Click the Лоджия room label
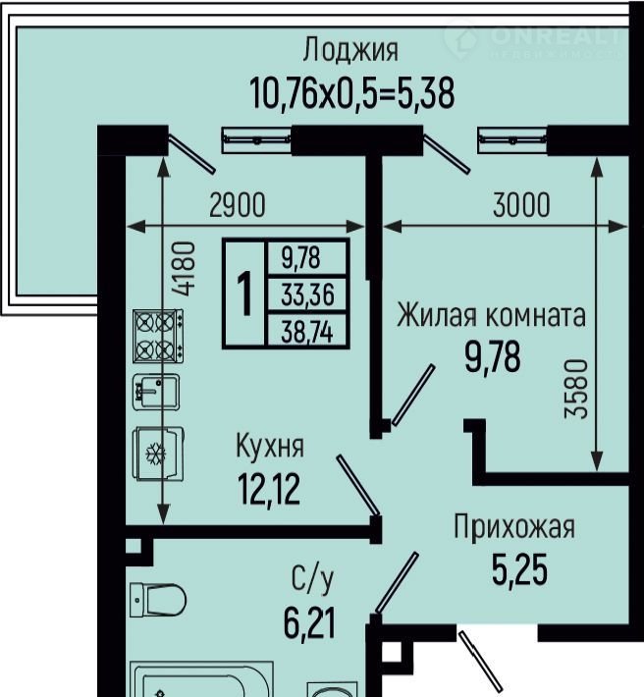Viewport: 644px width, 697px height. click(x=350, y=51)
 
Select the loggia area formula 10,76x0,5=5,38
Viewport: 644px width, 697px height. click(x=352, y=93)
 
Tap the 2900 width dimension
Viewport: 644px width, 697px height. click(x=238, y=205)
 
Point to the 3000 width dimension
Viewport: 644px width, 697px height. click(x=521, y=205)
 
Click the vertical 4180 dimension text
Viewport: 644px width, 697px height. click(x=184, y=269)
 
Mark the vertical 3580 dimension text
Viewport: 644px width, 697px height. click(x=576, y=389)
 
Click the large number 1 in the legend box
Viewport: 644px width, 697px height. click(x=244, y=294)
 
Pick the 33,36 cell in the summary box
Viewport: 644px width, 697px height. click(x=307, y=295)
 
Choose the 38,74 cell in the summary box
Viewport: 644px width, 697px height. click(x=307, y=332)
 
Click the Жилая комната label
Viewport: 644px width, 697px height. click(x=491, y=315)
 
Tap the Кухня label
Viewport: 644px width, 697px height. click(x=270, y=446)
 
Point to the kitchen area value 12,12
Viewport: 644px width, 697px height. click(x=269, y=490)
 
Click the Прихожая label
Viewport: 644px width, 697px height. click(x=514, y=526)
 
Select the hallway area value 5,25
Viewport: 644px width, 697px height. click(x=519, y=569)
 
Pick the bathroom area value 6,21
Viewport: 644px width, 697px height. click(x=309, y=622)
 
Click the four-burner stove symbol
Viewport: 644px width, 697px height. click(x=158, y=336)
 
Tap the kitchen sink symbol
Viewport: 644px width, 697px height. click(x=156, y=392)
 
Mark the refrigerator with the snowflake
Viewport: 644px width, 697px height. click(x=158, y=454)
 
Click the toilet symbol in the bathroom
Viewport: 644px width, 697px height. click(x=158, y=600)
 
